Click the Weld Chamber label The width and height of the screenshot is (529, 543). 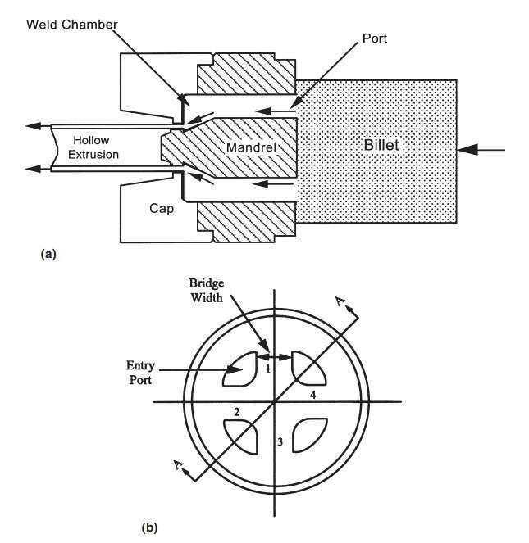click(72, 25)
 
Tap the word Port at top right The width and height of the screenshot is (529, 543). click(374, 38)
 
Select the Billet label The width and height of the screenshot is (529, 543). click(381, 145)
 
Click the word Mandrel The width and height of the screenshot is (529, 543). click(251, 147)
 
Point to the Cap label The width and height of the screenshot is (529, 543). click(162, 209)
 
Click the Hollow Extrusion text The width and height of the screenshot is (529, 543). click(93, 147)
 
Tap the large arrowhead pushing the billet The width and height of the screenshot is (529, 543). click(467, 150)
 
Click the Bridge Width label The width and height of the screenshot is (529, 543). click(207, 291)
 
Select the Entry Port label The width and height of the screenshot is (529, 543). click(140, 373)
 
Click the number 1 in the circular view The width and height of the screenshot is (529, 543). click(268, 369)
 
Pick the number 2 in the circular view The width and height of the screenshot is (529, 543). click(236, 412)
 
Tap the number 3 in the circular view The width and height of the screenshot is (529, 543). click(280, 441)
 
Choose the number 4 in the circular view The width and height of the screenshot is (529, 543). click(313, 395)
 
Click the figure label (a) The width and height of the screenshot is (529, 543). click(48, 254)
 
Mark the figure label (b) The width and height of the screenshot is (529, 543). click(149, 527)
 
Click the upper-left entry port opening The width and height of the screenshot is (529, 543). click(239, 369)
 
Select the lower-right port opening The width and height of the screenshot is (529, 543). click(310, 435)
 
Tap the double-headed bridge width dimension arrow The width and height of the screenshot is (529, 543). click(275, 357)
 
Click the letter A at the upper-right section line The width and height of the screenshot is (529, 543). click(340, 301)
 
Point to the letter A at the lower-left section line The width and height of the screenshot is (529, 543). click(178, 464)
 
